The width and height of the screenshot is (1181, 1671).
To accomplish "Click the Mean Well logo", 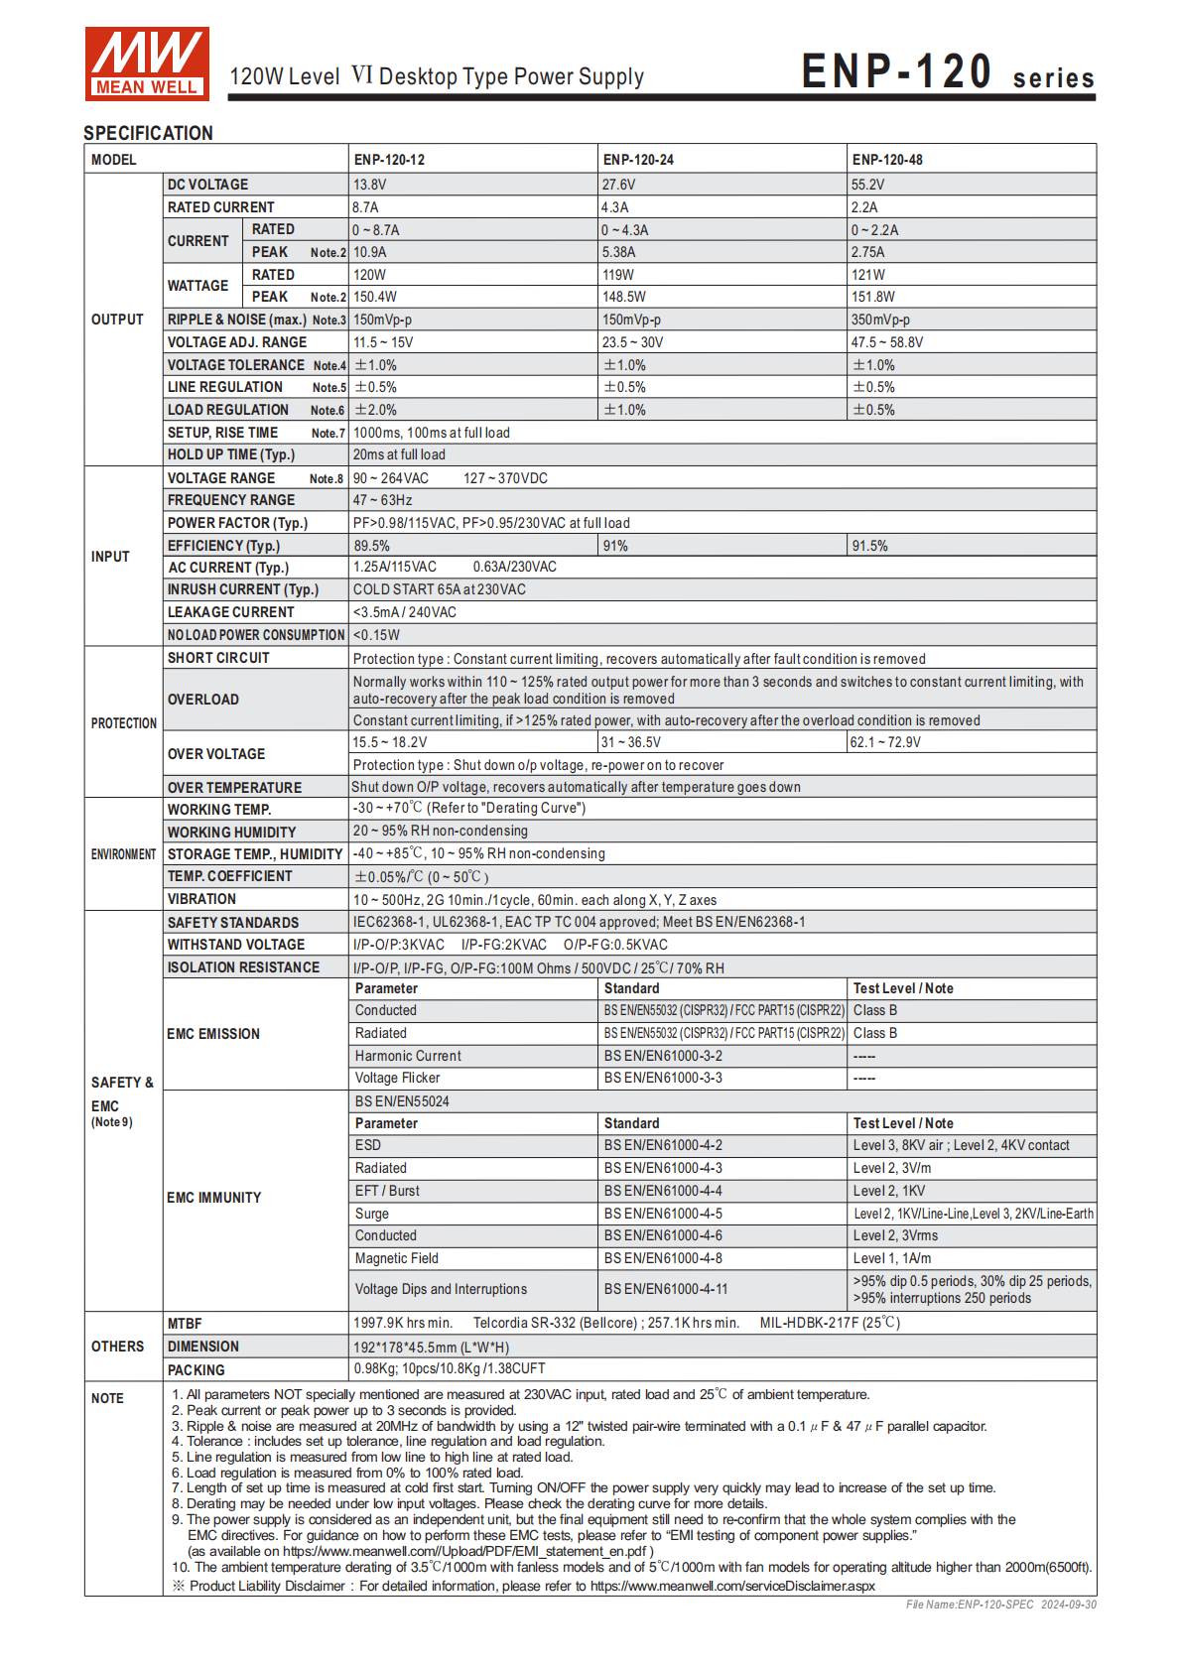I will click(147, 64).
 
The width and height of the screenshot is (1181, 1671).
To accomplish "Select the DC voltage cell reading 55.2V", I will click(867, 185).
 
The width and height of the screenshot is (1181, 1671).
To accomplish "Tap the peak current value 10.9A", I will click(370, 252).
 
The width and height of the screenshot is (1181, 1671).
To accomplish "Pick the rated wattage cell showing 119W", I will click(618, 275).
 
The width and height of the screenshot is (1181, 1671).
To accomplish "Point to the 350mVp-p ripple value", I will click(880, 320).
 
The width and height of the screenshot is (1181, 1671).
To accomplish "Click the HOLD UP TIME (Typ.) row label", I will click(231, 454).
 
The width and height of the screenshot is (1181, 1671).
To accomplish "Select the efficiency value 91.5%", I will click(869, 546).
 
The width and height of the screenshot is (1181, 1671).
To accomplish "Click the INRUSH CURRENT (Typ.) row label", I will click(243, 589).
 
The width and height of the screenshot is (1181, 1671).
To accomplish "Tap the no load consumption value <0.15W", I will click(376, 635).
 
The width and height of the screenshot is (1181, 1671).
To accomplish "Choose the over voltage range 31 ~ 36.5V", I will click(631, 742).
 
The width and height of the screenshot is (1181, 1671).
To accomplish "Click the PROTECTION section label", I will click(124, 723).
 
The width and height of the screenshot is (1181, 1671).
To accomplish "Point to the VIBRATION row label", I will click(201, 899).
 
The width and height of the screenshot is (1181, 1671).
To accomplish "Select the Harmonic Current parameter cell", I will click(408, 1056).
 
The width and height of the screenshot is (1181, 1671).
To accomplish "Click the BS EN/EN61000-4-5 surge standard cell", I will click(663, 1214).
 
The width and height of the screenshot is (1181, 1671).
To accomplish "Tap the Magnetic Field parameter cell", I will click(397, 1258).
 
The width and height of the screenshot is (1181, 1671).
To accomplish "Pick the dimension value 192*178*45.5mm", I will click(431, 1347).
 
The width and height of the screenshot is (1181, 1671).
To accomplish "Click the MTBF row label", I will click(185, 1324).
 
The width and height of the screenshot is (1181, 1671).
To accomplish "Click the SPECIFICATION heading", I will click(148, 133).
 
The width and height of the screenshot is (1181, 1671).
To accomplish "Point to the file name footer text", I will click(1000, 1605).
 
